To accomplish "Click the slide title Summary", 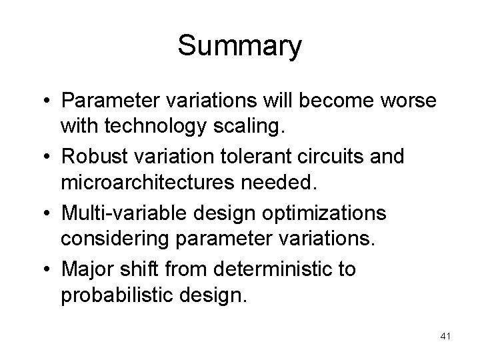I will pyautogui.click(x=240, y=47).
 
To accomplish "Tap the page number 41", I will pyautogui.click(x=445, y=337).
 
